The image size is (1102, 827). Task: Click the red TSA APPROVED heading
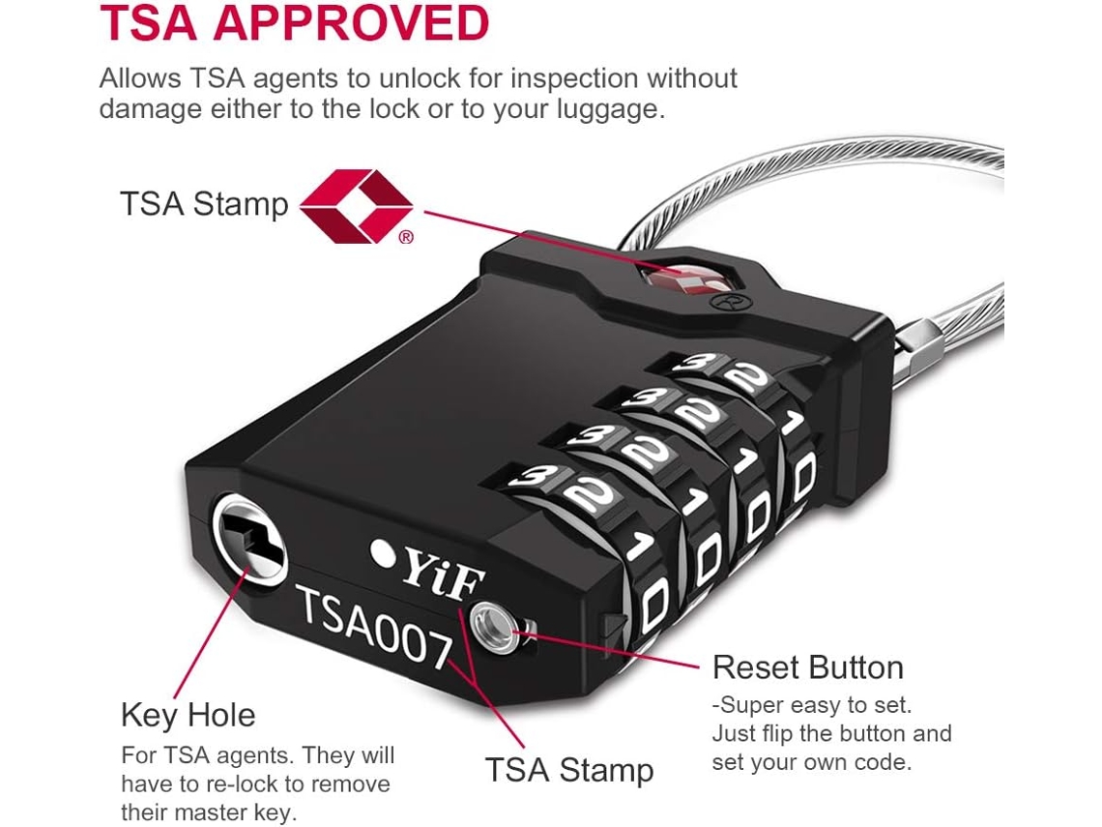pos(295,23)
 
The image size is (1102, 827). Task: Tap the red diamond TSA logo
pos(357,206)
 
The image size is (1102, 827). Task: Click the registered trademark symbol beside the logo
pos(406,238)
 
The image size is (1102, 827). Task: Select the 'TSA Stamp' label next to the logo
pos(204,204)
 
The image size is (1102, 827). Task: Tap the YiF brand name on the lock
pos(443,574)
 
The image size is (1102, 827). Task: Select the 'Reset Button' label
pos(807,667)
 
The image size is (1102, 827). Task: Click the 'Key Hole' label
pos(188,716)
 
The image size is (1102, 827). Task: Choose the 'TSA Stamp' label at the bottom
pos(569,770)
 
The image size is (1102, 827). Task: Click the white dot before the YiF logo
pos(383,553)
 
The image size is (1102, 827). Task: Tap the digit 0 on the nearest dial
pos(654,604)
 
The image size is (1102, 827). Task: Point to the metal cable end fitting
pos(918,341)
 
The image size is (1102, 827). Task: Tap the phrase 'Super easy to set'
pos(815,704)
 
